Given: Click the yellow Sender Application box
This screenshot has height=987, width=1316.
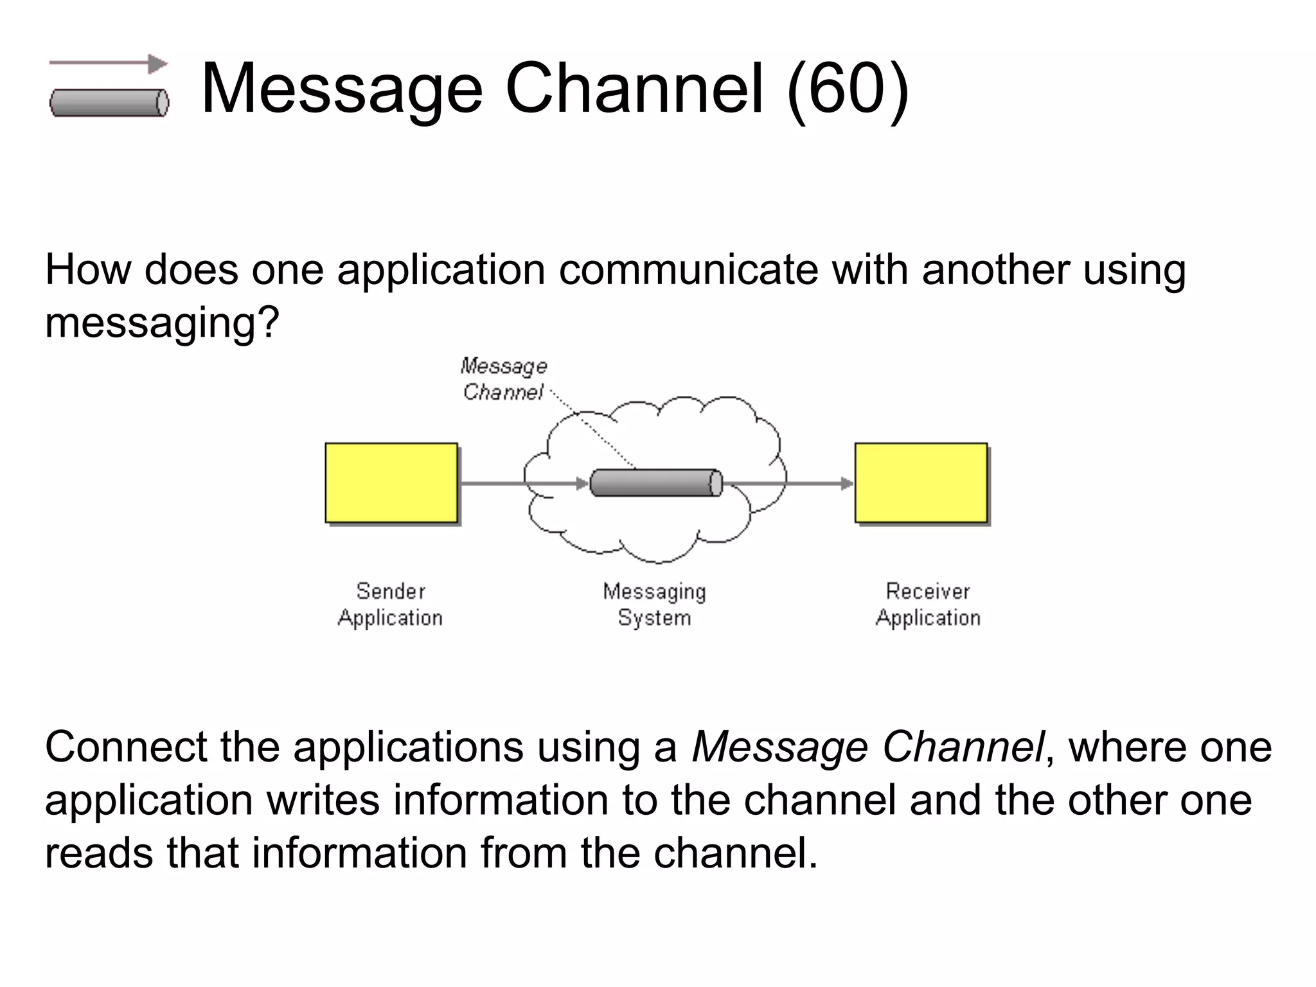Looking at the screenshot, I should [391, 483].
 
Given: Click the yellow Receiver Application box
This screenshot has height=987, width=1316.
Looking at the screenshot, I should [920, 483].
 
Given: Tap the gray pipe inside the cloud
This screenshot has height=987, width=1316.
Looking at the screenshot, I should [655, 483].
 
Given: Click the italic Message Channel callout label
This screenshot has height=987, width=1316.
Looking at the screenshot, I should [503, 379].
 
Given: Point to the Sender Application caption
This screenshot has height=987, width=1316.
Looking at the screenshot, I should [390, 604].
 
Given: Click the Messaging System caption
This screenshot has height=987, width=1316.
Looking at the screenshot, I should [654, 604].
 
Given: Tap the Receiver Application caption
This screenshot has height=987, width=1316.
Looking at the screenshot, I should [927, 604].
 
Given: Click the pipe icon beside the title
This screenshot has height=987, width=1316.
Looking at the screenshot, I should [109, 103].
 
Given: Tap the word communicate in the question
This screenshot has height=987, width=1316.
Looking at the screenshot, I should [688, 269].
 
